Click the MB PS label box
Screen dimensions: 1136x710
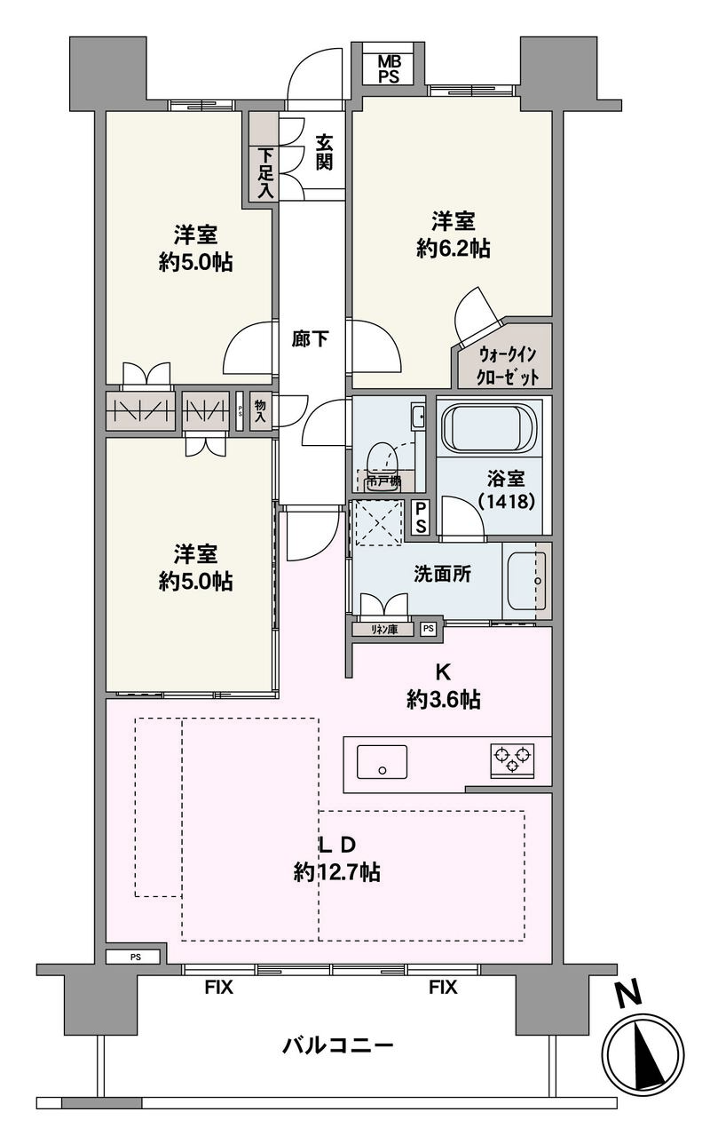pyautogui.click(x=389, y=68)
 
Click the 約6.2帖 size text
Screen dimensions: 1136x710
pyautogui.click(x=453, y=249)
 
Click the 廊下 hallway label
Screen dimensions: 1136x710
pyautogui.click(x=310, y=338)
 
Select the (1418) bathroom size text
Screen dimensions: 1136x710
pyautogui.click(x=506, y=501)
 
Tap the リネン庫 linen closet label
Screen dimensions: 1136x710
pyautogui.click(x=384, y=629)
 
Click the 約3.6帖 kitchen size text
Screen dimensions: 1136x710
pyautogui.click(x=444, y=700)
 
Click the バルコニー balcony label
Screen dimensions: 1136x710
pyautogui.click(x=337, y=1045)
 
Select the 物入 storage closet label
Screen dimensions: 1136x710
pyautogui.click(x=260, y=410)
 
